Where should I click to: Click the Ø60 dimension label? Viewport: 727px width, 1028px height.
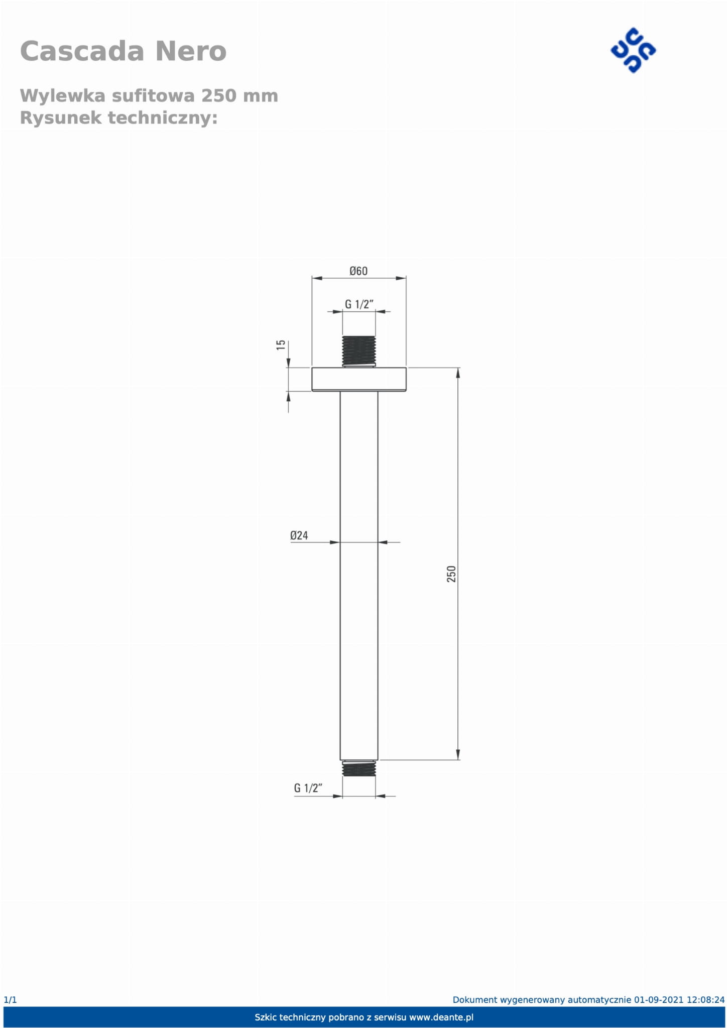point(358,271)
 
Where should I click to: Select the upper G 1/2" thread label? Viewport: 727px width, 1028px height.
point(359,304)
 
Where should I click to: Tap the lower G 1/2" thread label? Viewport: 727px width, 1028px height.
point(308,788)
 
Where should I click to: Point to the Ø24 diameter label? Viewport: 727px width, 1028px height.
point(299,535)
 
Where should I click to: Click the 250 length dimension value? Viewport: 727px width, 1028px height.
point(451,574)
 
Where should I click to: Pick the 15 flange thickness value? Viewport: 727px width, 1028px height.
point(281,345)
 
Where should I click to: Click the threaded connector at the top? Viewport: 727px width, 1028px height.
point(359,351)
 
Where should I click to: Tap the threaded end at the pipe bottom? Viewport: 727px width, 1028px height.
point(359,769)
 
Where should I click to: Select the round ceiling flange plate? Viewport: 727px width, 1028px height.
point(359,379)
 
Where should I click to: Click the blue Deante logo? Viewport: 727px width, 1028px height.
point(633,50)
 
